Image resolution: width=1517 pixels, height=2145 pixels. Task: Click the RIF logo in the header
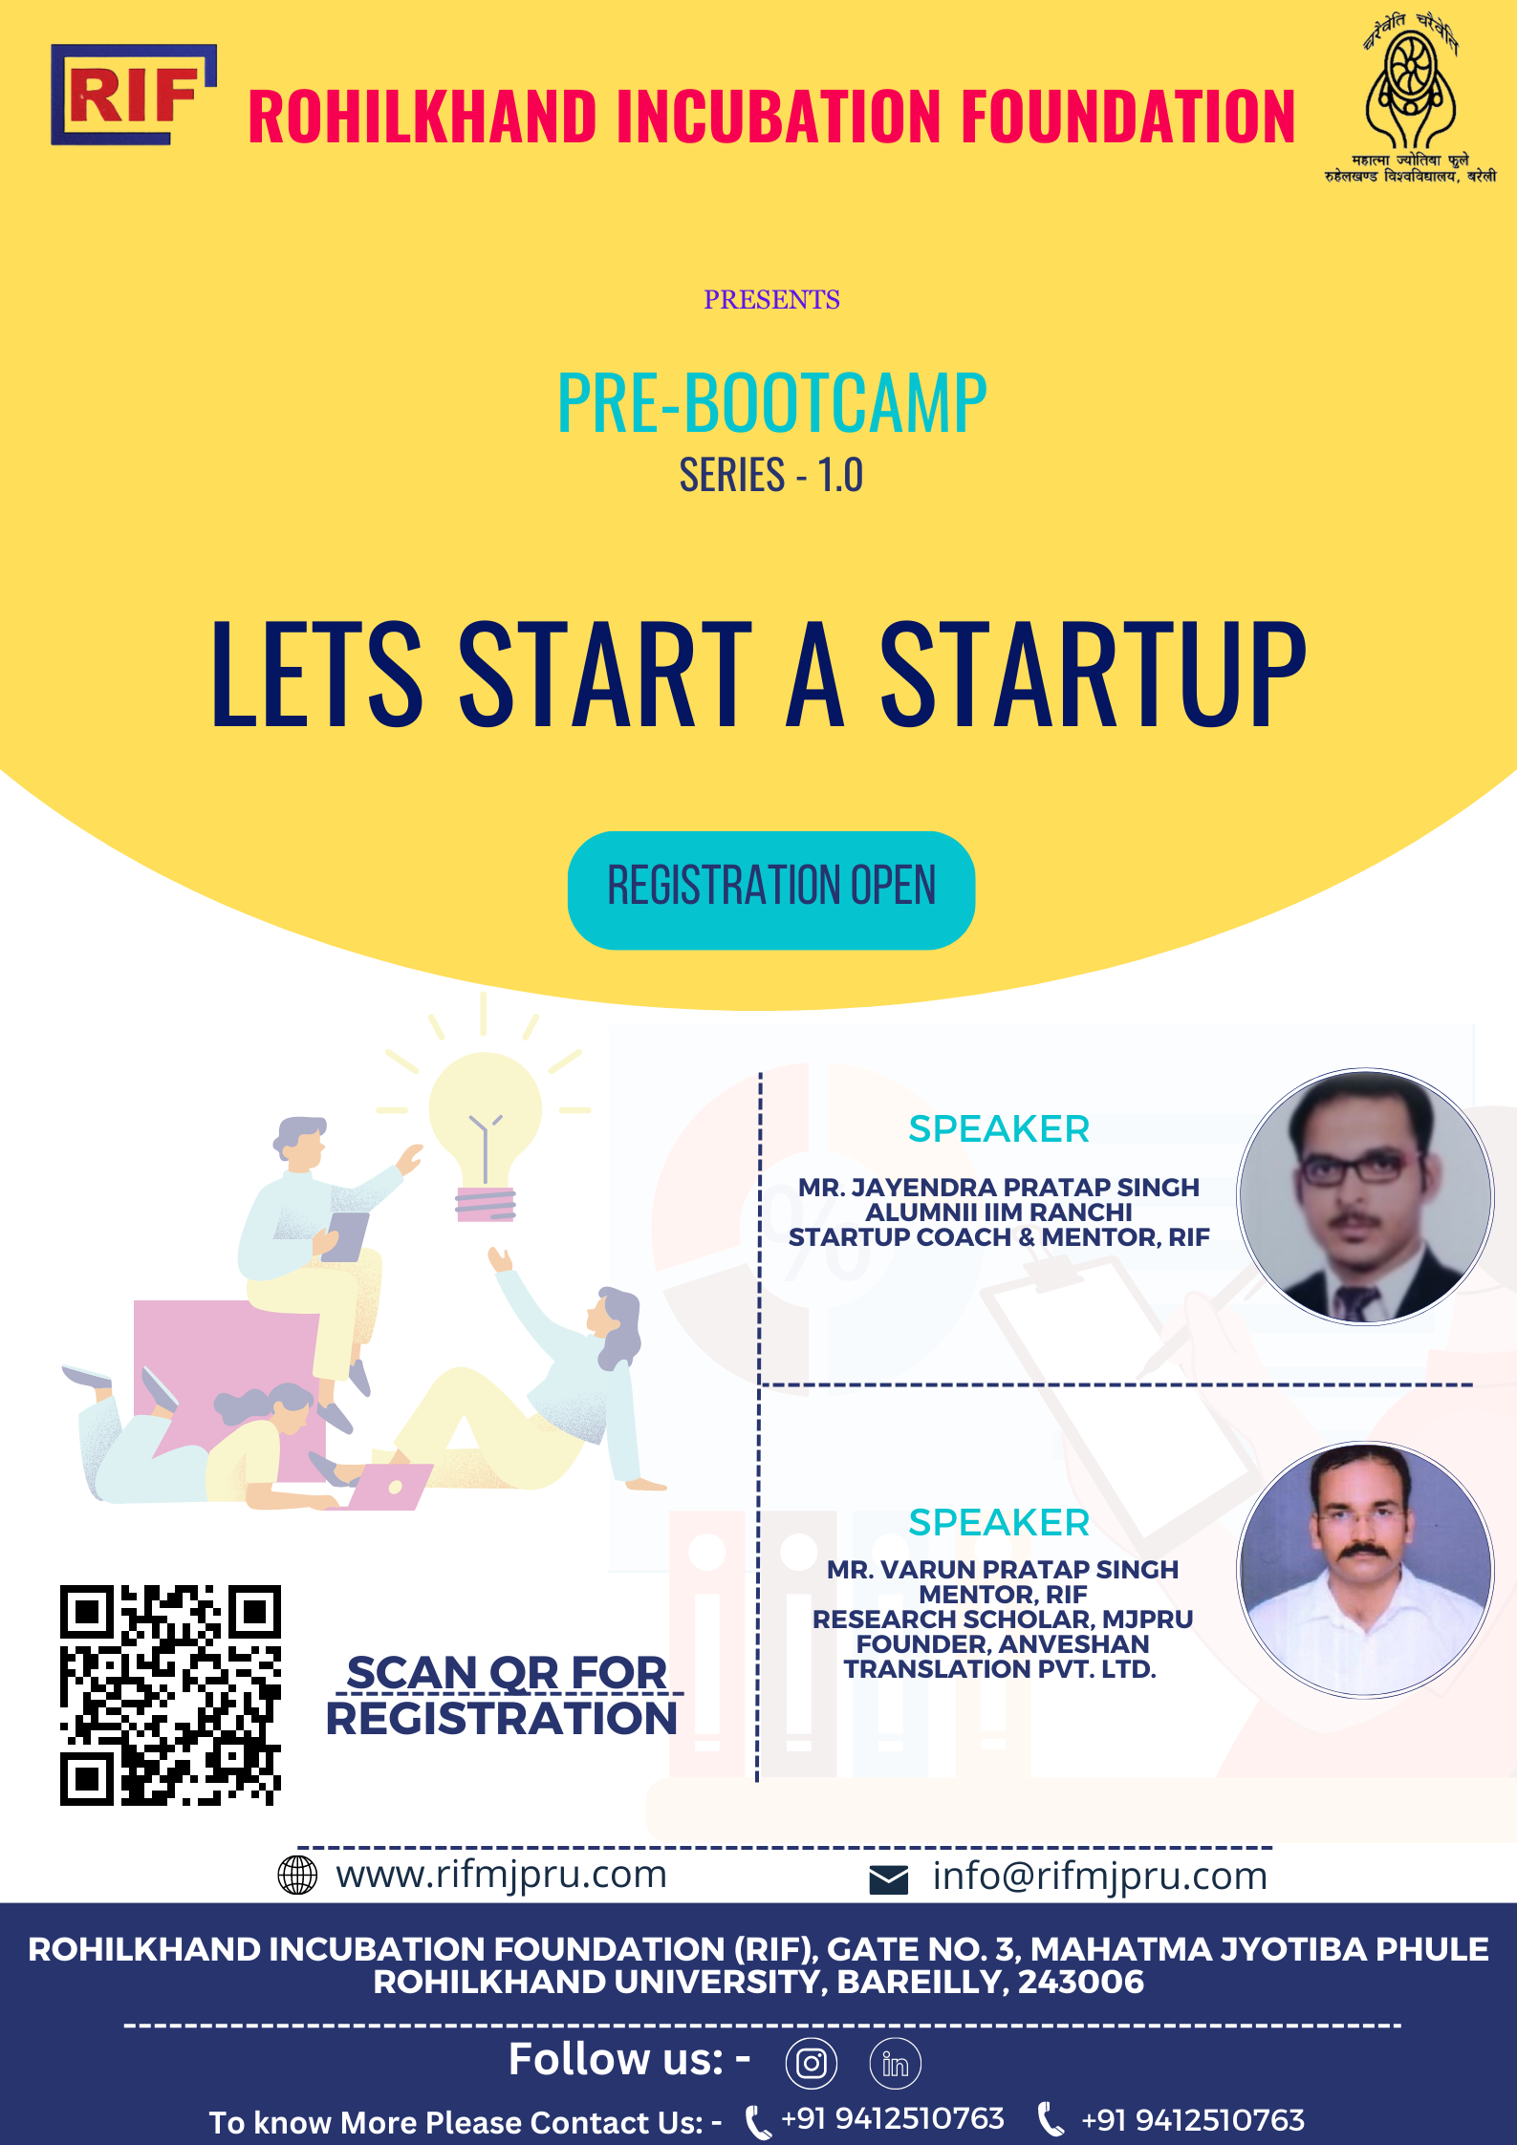point(134,95)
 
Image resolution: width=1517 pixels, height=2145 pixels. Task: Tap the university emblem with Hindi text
point(1410,97)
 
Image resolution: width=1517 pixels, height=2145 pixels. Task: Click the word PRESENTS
point(771,300)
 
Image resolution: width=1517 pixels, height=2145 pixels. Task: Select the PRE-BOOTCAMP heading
point(771,403)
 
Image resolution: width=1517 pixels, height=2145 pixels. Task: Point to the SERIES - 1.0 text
point(771,475)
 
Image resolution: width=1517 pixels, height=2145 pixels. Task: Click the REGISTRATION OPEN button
point(771,890)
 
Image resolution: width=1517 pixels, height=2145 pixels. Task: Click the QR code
point(170,1695)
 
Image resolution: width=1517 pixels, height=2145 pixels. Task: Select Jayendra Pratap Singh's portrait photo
point(1366,1196)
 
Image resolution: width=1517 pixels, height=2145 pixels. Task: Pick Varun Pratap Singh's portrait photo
point(1366,1570)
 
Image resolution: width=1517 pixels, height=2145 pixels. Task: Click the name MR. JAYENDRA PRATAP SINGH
point(999,1187)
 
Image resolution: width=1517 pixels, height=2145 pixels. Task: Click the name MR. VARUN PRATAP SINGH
point(1003,1569)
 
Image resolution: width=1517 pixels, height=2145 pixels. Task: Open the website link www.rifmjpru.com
point(501,1876)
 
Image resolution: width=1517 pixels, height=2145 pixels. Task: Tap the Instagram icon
point(812,2063)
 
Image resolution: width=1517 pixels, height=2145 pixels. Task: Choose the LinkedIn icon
point(896,2063)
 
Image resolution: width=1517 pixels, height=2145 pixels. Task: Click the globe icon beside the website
point(297,1875)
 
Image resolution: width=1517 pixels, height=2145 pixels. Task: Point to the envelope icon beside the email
point(889,1879)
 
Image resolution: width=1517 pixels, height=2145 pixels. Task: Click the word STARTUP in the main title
point(1094,674)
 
